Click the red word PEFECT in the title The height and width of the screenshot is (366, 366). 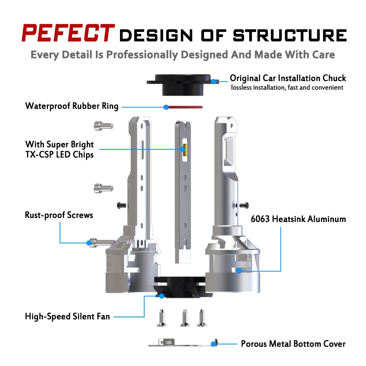[x=67, y=33]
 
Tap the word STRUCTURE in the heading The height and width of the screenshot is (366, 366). [x=290, y=36]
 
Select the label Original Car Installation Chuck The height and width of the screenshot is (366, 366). [x=288, y=78]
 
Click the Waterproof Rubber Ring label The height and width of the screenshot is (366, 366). [x=72, y=106]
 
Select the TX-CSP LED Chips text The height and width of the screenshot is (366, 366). [x=59, y=154]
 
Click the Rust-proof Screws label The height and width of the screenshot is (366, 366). [x=59, y=215]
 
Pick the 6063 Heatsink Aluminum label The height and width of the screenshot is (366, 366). [x=298, y=219]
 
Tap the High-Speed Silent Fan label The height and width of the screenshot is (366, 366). [x=67, y=316]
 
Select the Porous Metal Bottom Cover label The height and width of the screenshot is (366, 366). [x=293, y=344]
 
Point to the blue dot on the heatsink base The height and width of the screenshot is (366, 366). [x=239, y=271]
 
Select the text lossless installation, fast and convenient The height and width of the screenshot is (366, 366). [x=287, y=87]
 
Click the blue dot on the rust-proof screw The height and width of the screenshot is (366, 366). [x=89, y=242]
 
